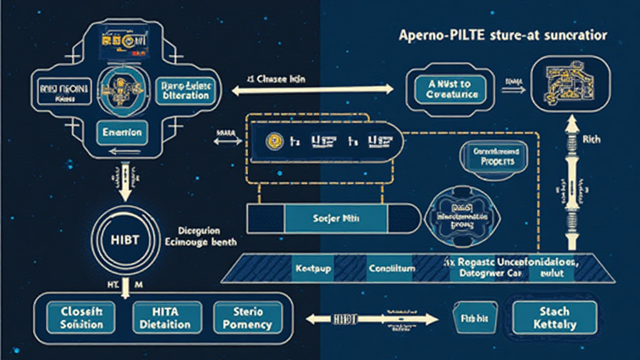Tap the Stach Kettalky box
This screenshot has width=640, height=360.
point(552,317)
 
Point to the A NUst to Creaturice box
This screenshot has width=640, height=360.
point(446,89)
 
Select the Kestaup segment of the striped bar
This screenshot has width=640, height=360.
point(310,268)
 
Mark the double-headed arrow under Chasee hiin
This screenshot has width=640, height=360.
point(312,91)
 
